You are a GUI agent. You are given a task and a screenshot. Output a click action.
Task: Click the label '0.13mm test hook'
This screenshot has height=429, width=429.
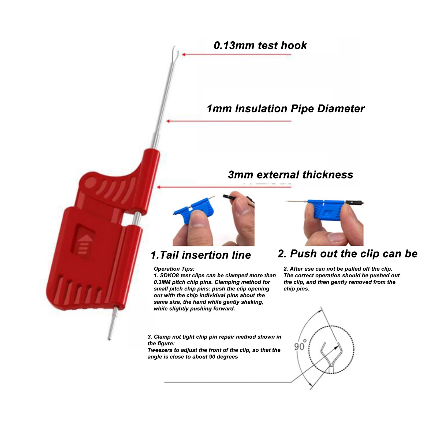point(260,46)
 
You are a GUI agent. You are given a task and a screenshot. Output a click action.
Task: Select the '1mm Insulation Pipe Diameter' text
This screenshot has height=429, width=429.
point(286,109)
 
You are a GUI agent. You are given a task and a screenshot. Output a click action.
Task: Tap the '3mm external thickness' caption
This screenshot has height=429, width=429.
point(290,175)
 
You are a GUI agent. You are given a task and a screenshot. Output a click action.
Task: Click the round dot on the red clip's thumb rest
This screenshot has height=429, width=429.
point(91,184)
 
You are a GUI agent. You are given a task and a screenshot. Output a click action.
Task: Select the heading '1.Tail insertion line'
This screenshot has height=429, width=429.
point(201,255)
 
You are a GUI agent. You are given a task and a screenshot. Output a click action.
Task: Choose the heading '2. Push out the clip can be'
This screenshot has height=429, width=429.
point(348,253)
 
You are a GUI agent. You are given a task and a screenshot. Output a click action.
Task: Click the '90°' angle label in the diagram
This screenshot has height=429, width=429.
point(300,345)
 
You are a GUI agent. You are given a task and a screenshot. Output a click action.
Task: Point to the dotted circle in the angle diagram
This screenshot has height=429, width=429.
point(309,350)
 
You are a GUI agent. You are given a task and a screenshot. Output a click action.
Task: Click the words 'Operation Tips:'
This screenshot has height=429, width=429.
point(174,269)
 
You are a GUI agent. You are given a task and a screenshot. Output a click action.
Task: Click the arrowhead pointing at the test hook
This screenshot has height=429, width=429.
point(184,54)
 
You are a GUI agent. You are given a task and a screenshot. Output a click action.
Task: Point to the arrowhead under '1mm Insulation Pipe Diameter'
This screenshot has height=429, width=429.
point(168,121)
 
